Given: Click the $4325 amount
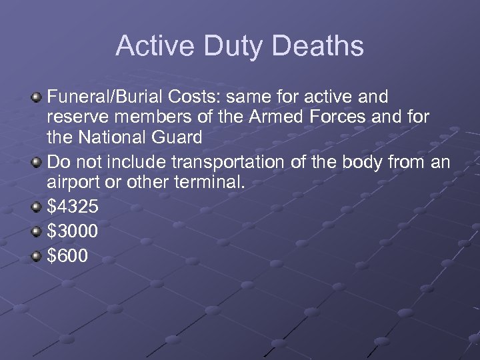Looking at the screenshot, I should pyautogui.click(x=73, y=207).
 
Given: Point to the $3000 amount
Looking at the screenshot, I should pyautogui.click(x=73, y=231).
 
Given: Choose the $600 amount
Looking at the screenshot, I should pyautogui.click(x=67, y=255).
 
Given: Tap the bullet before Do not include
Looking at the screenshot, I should pyautogui.click(x=37, y=163).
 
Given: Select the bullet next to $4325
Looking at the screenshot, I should pyautogui.click(x=37, y=207).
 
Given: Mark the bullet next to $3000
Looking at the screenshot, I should pyautogui.click(x=37, y=231).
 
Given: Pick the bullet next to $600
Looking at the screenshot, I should pyautogui.click(x=37, y=255).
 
